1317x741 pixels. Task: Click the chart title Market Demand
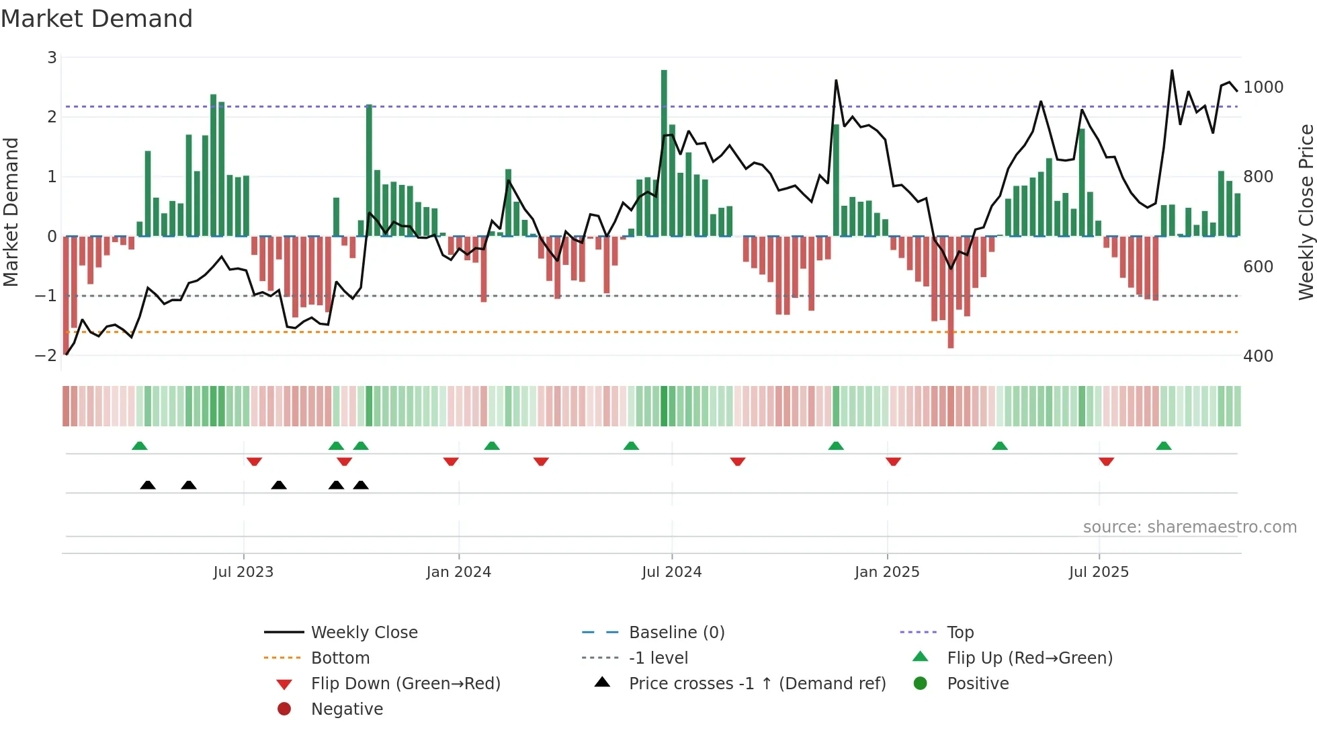pyautogui.click(x=97, y=19)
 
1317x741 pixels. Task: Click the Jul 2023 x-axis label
pyautogui.click(x=243, y=572)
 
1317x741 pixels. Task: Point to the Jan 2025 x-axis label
pyautogui.click(x=887, y=572)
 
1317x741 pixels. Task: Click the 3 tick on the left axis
pyautogui.click(x=52, y=58)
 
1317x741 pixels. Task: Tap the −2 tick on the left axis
pyautogui.click(x=46, y=356)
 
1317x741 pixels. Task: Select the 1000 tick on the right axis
pyautogui.click(x=1263, y=87)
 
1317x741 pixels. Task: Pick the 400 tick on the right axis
pyautogui.click(x=1258, y=356)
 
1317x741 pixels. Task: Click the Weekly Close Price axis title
pyautogui.click(x=1306, y=212)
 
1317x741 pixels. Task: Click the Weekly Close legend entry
pyautogui.click(x=364, y=633)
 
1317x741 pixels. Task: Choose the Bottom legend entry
pyautogui.click(x=340, y=658)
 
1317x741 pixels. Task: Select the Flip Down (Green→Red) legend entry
pyautogui.click(x=405, y=684)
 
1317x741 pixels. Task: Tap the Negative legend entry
pyautogui.click(x=347, y=709)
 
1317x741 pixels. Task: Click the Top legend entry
pyautogui.click(x=960, y=633)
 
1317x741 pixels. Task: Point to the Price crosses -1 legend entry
pyautogui.click(x=757, y=684)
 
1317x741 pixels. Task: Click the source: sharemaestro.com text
pyautogui.click(x=1189, y=527)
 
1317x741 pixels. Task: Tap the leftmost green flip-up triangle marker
pyautogui.click(x=140, y=446)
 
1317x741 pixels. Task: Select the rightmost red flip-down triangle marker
pyautogui.click(x=1107, y=461)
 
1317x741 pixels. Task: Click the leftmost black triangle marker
pyautogui.click(x=148, y=485)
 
